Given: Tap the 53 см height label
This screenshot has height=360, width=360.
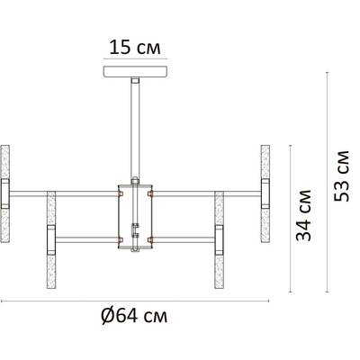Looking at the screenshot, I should coord(340,176).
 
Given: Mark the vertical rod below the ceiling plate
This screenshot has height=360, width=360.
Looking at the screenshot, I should coord(135,126).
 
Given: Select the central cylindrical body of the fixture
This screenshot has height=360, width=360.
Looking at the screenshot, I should coord(135,216).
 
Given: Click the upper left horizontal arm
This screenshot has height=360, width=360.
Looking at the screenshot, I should coord(63,191).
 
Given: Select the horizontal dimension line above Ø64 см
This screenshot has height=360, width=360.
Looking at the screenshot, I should coord(135,300).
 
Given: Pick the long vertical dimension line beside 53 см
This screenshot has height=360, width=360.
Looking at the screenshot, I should coord(323,176).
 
